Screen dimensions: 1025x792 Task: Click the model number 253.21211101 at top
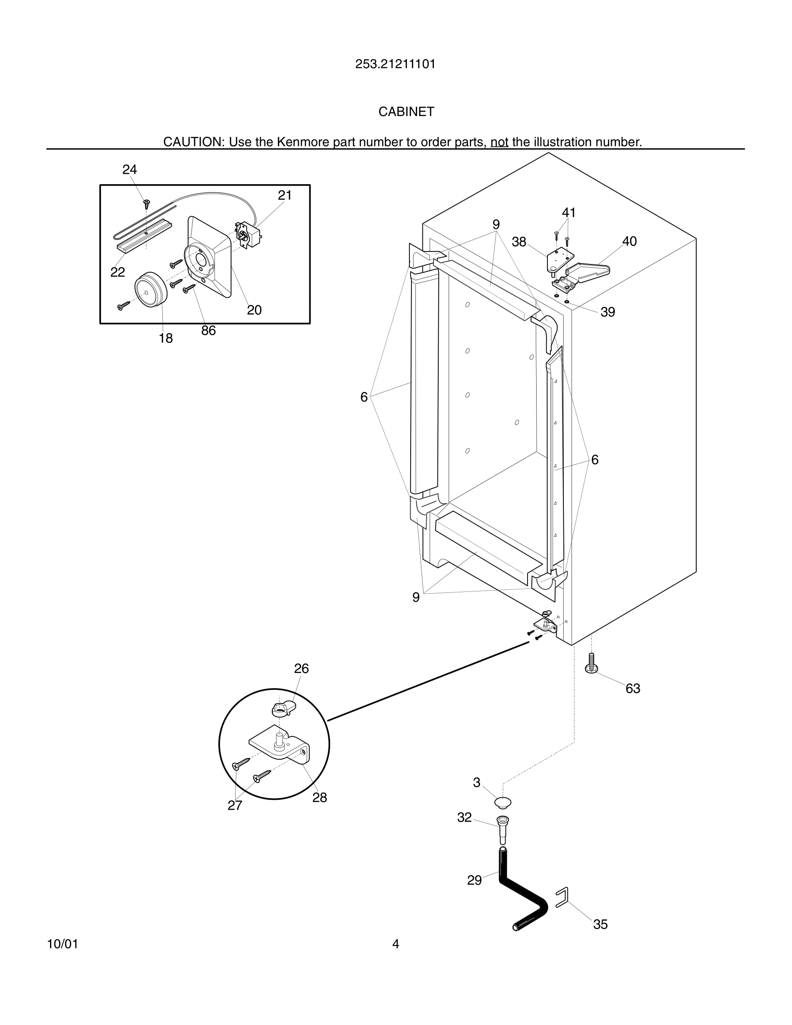pos(395,64)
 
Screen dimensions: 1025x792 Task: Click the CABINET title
pos(406,112)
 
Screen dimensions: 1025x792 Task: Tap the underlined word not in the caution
pos(499,142)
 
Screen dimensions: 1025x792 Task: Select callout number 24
pos(129,170)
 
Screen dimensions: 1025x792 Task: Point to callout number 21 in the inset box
pos(285,196)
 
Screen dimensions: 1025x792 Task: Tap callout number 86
pos(208,331)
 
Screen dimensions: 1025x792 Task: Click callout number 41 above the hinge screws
pos(569,213)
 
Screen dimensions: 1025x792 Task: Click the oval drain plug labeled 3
pos(503,802)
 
